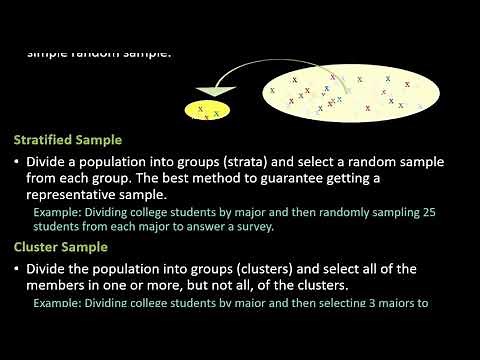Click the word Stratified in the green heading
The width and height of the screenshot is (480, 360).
(48, 141)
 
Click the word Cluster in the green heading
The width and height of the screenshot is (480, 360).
(39, 245)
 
